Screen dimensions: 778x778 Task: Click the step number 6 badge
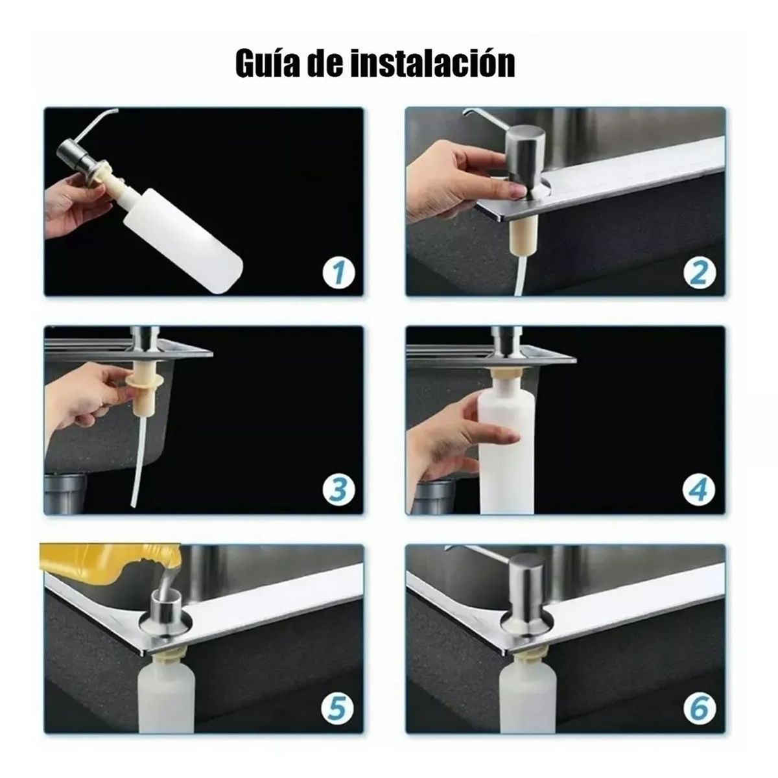698,709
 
